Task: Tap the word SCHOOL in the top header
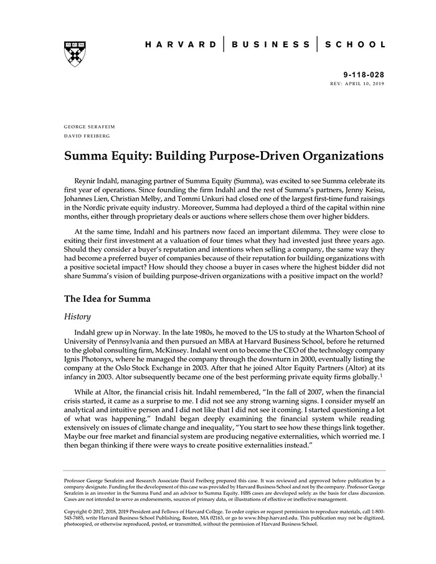point(354,44)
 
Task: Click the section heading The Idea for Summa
point(107,298)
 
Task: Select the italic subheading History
point(78,316)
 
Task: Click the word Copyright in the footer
point(77,512)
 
